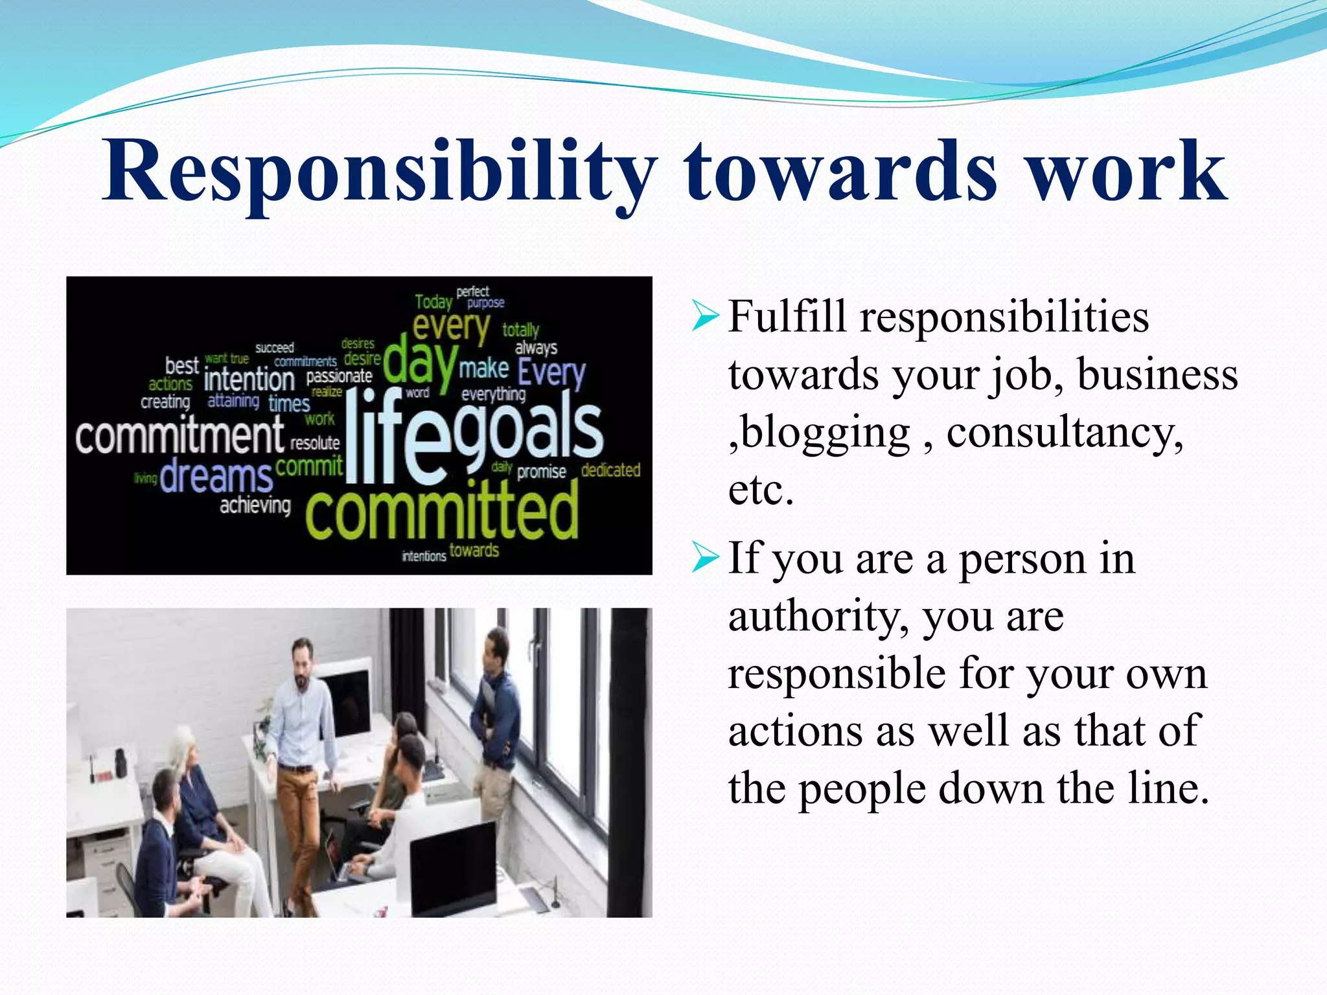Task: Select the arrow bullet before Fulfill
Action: point(705,317)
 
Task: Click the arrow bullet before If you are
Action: point(705,558)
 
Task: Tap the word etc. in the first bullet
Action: point(761,490)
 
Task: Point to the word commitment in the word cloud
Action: point(180,435)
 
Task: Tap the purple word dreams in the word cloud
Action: point(216,477)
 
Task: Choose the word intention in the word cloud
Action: point(249,379)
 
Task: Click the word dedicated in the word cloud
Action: point(610,470)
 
